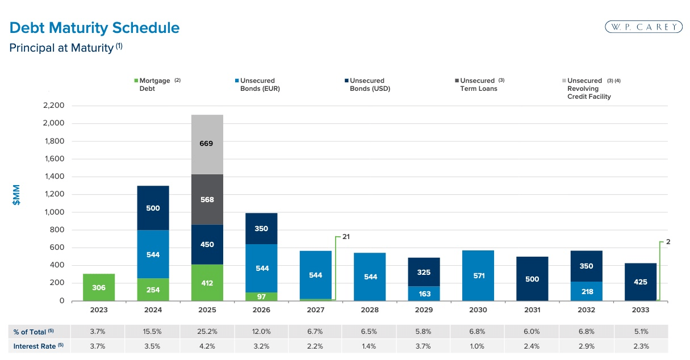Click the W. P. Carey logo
point(644,27)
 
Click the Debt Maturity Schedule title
point(94,28)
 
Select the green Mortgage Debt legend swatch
point(136,81)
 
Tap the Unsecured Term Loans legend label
point(478,85)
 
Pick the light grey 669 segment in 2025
point(206,144)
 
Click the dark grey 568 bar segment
point(206,199)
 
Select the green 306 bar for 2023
point(99,287)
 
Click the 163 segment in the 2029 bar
point(424,294)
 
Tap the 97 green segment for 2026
point(261,297)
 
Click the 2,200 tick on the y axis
point(53,106)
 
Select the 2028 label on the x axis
point(370,310)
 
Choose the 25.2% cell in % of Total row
point(207,332)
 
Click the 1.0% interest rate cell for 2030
point(478,346)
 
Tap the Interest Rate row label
point(35,346)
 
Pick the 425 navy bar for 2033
point(641,282)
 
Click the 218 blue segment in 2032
point(587,291)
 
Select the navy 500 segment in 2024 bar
point(153,208)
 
